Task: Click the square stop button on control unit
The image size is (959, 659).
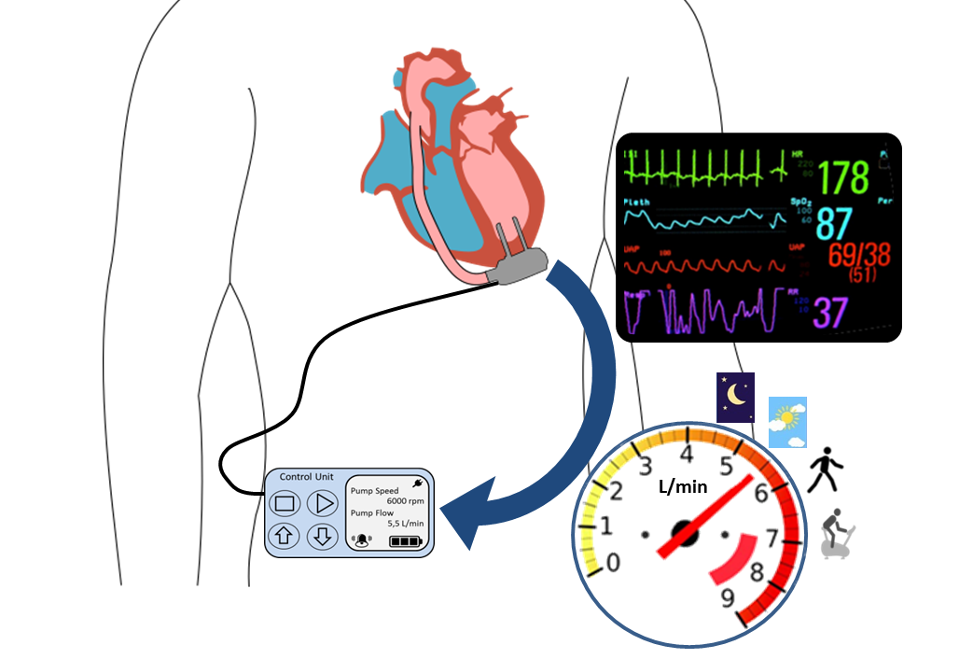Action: click(x=285, y=504)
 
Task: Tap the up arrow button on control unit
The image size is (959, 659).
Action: click(x=285, y=536)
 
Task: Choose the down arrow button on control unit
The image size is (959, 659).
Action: click(x=322, y=536)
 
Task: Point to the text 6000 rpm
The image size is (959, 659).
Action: click(x=406, y=501)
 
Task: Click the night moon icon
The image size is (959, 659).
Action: click(x=735, y=398)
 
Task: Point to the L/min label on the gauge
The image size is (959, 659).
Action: click(x=683, y=486)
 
